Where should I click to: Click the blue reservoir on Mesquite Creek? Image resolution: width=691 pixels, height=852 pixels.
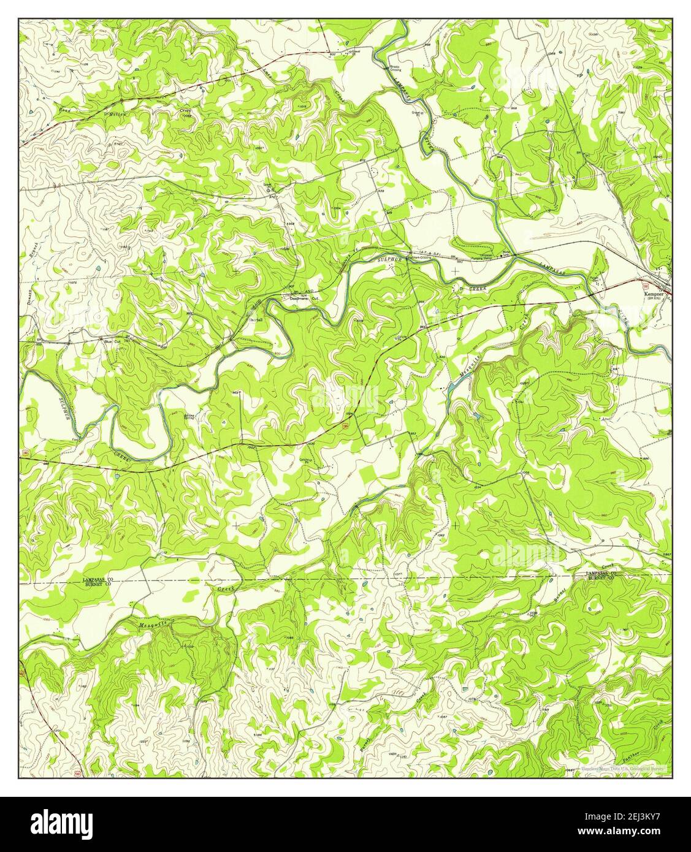(x=452, y=386)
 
